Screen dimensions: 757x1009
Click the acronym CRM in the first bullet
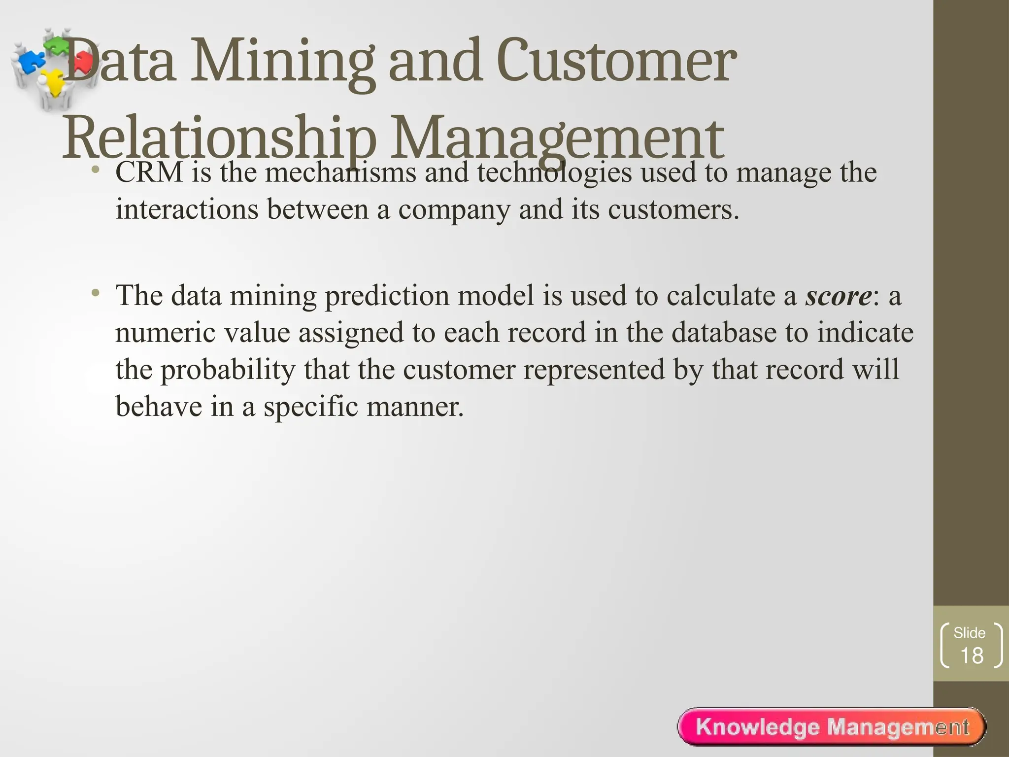[x=149, y=172]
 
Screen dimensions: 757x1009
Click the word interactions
[x=187, y=209]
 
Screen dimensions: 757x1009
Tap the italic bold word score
[x=838, y=296]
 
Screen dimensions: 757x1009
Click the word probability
[x=228, y=370]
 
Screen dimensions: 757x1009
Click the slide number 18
[x=972, y=656]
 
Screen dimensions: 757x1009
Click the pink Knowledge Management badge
[x=832, y=727]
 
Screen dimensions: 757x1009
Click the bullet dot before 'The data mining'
[x=96, y=294]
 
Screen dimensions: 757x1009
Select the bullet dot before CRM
[x=96, y=171]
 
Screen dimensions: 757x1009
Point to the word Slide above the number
[x=970, y=633]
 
